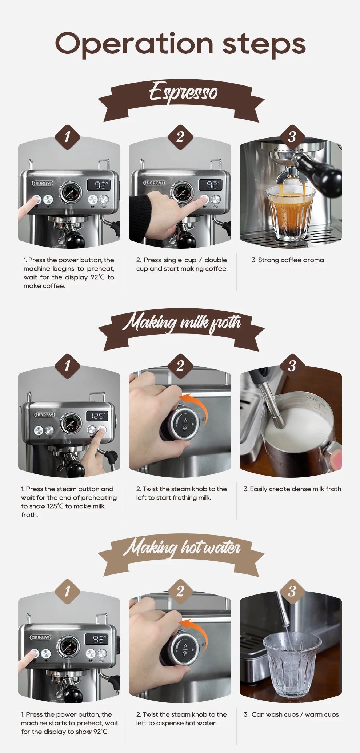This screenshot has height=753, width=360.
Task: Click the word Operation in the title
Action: (x=134, y=44)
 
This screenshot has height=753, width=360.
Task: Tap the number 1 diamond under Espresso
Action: (x=67, y=137)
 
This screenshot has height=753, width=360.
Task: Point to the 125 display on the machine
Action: (x=97, y=416)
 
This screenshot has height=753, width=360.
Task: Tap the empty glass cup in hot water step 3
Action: (x=292, y=664)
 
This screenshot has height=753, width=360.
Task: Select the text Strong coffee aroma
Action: (x=288, y=260)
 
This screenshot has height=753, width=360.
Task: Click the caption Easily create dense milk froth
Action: (x=292, y=489)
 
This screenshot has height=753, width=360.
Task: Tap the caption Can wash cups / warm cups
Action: (x=291, y=714)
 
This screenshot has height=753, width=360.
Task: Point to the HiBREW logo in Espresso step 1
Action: (x=43, y=183)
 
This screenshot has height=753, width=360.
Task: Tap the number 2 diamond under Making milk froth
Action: (x=180, y=366)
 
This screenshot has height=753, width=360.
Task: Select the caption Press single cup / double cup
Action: (x=182, y=264)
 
